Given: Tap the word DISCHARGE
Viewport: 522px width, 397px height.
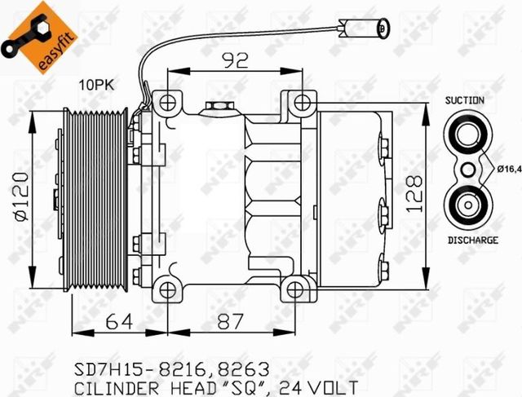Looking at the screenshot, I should [472, 240].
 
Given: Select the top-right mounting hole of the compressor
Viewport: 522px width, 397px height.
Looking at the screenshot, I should [301, 103].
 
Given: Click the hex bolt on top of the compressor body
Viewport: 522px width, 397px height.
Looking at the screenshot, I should [217, 107].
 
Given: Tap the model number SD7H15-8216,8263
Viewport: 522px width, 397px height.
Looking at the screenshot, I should [171, 368].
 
